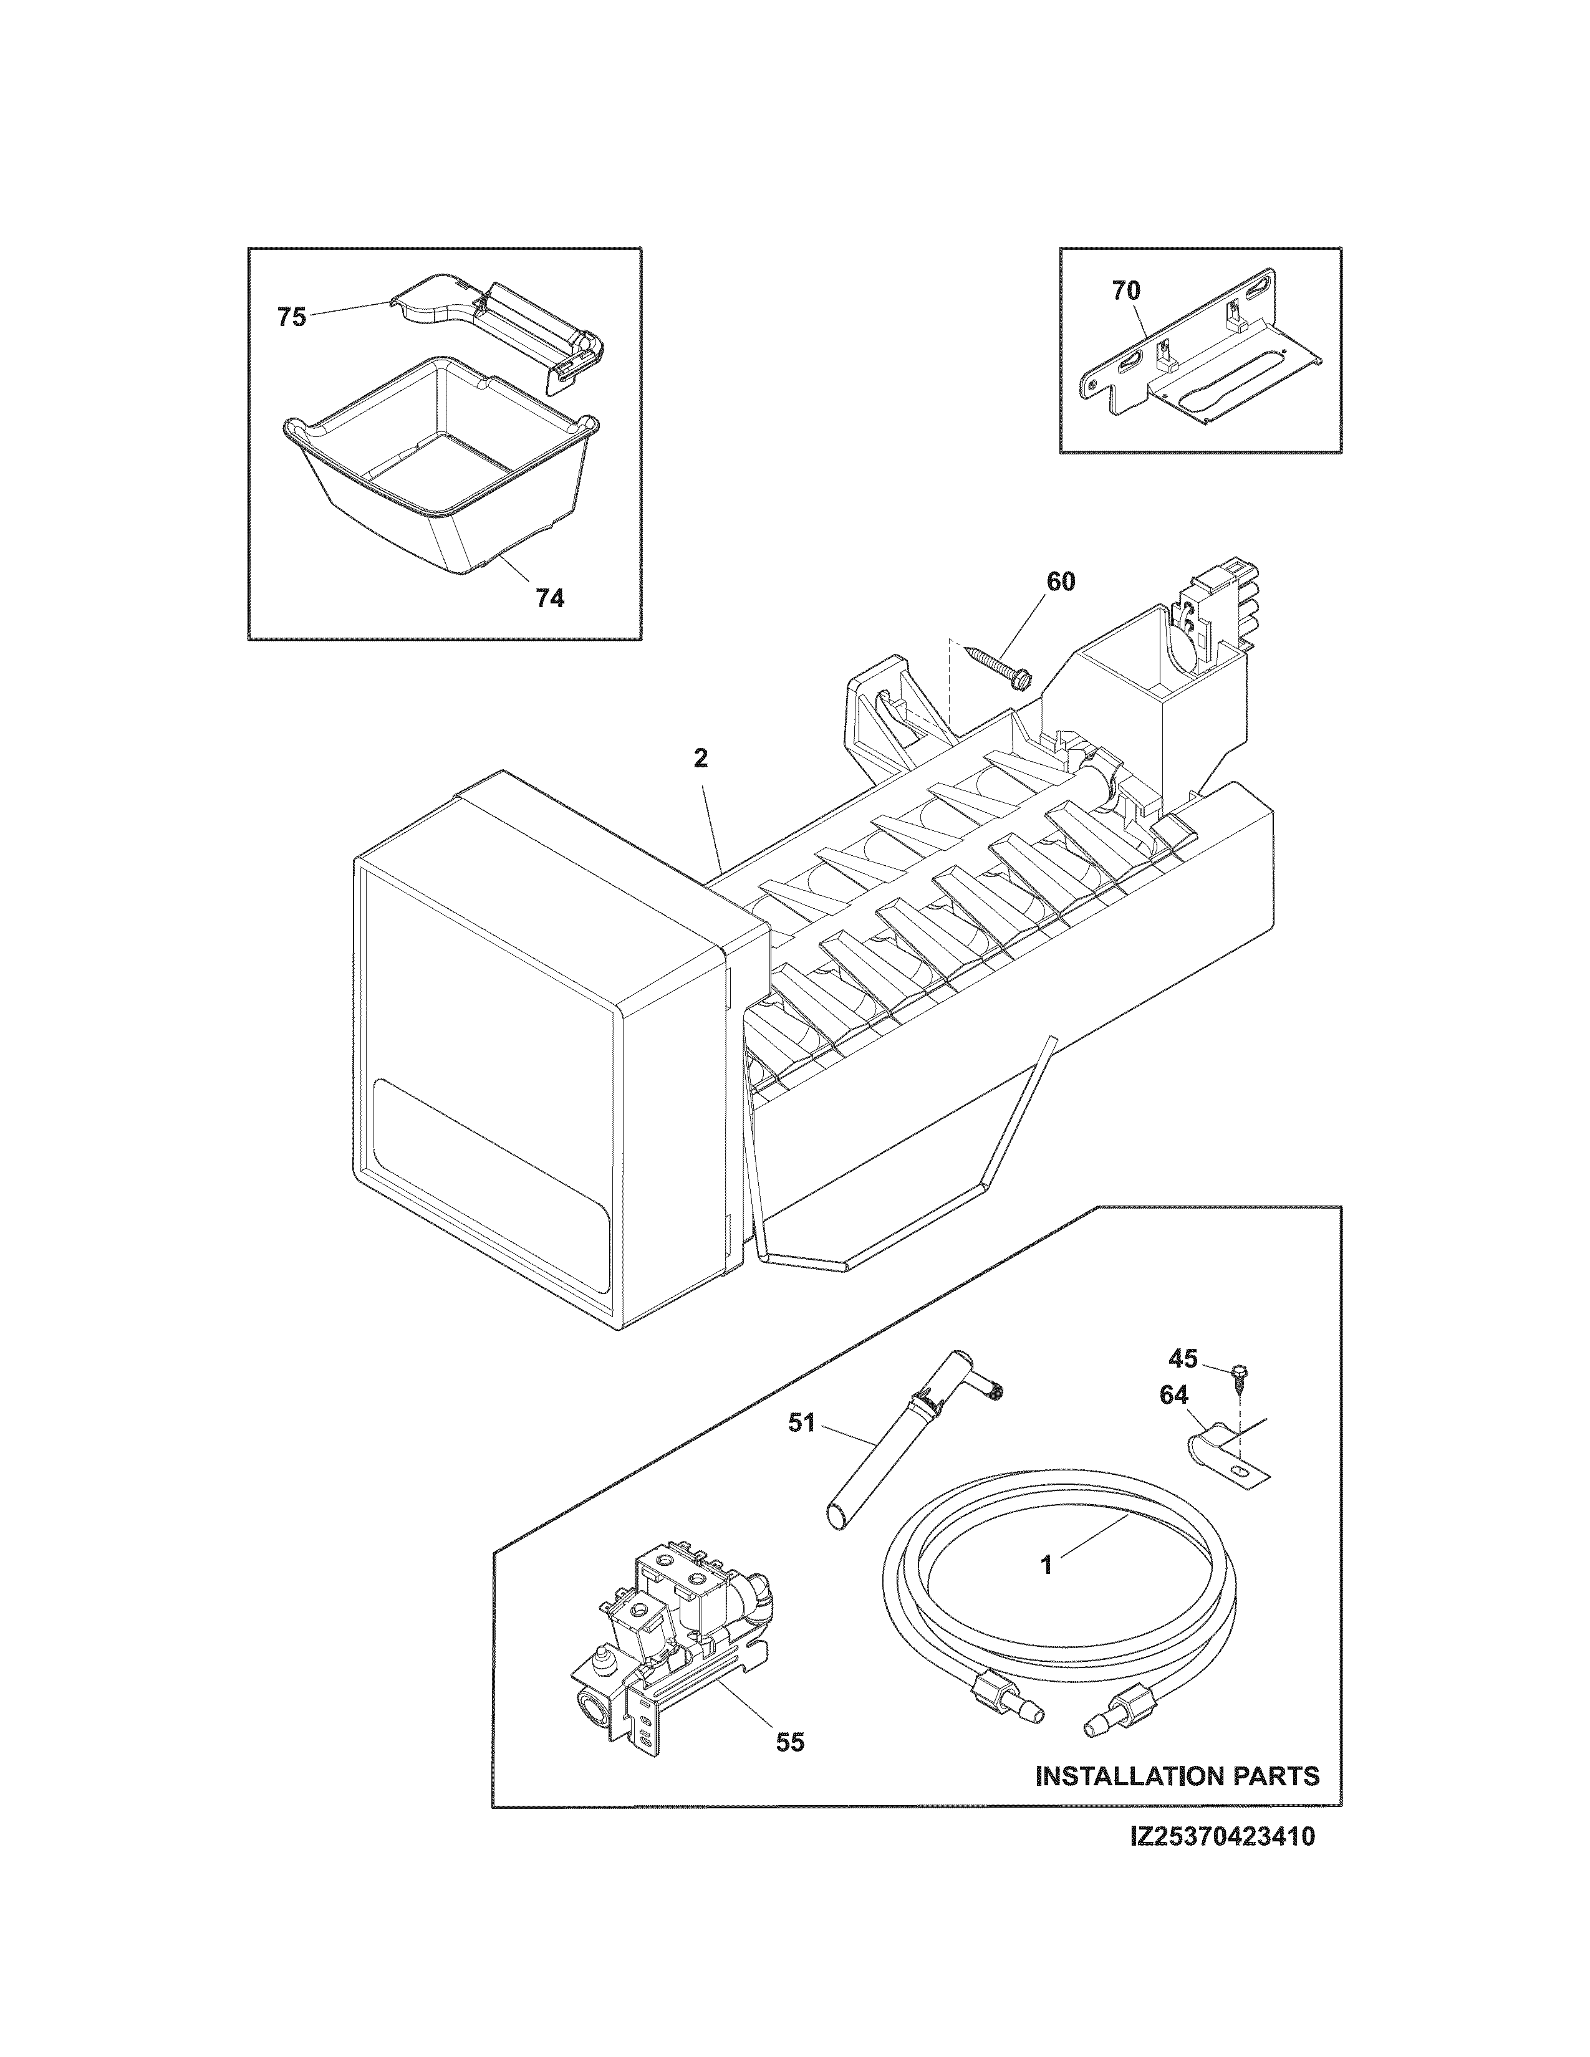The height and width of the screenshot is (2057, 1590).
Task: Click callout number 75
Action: [291, 317]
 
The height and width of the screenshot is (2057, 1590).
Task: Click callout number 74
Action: [549, 597]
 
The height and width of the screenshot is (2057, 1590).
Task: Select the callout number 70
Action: [1125, 292]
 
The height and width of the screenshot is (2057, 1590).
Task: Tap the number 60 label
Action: [1059, 582]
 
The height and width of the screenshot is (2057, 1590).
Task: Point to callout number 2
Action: [701, 758]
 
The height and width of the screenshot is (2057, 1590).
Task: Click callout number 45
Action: [1183, 1359]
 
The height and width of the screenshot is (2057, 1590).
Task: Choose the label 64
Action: [1173, 1396]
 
